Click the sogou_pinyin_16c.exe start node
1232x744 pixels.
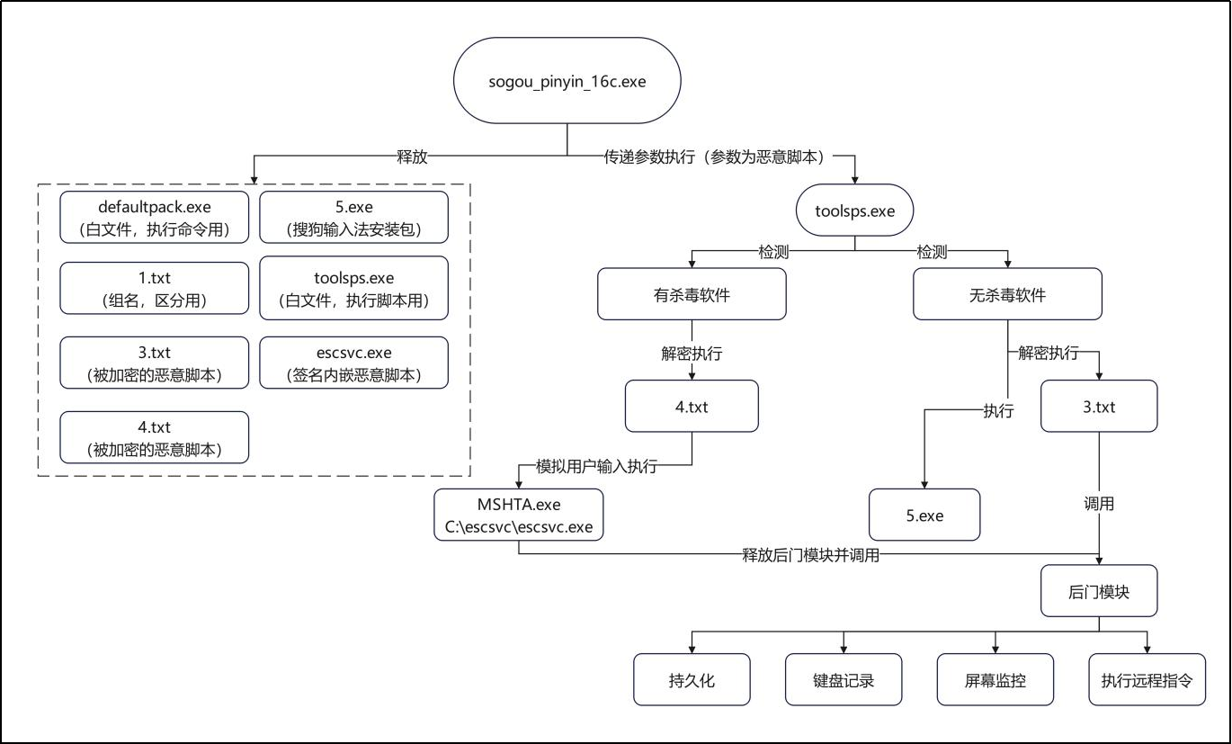click(x=567, y=81)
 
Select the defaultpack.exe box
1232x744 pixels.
click(x=155, y=216)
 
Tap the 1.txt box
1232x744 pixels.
click(x=155, y=288)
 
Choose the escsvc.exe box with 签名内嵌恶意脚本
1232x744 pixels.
click(x=353, y=363)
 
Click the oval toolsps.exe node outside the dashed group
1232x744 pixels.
click(x=854, y=211)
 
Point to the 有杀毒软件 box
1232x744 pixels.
click(x=692, y=294)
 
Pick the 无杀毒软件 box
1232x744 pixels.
click(x=1007, y=294)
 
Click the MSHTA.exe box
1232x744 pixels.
click(x=518, y=514)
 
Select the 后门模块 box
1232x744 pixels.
click(x=1099, y=591)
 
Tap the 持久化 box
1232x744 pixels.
click(x=692, y=680)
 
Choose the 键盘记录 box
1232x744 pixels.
click(x=844, y=680)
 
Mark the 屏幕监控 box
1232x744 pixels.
click(x=995, y=680)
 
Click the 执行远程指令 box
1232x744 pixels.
click(x=1147, y=680)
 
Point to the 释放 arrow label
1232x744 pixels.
click(x=413, y=157)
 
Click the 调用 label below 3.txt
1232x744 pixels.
click(x=1099, y=504)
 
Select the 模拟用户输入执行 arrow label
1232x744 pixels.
click(x=596, y=466)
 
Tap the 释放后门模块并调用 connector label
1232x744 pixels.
click(x=810, y=555)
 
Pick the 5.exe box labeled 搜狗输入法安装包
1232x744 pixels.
click(x=353, y=216)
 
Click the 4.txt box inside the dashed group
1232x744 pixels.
click(x=155, y=437)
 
